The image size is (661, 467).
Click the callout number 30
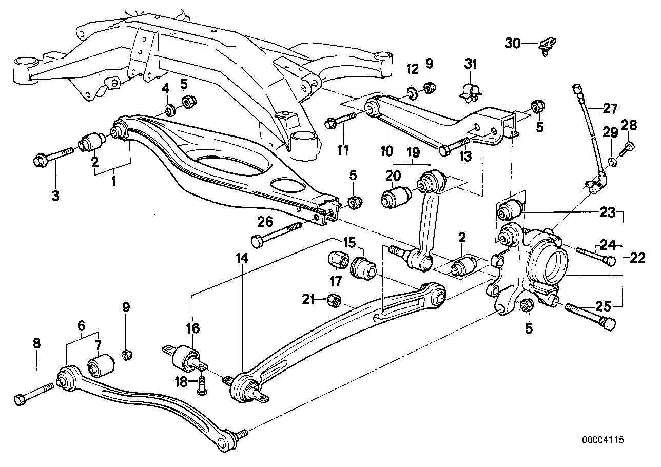(513, 44)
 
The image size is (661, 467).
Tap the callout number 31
(471, 64)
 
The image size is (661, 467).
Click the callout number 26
(265, 222)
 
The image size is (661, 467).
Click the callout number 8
(36, 344)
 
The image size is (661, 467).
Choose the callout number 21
(308, 298)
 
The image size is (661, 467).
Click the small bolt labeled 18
(201, 385)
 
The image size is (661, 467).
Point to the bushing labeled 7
(101, 364)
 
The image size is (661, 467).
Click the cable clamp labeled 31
(471, 91)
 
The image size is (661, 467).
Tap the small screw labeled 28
(628, 148)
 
